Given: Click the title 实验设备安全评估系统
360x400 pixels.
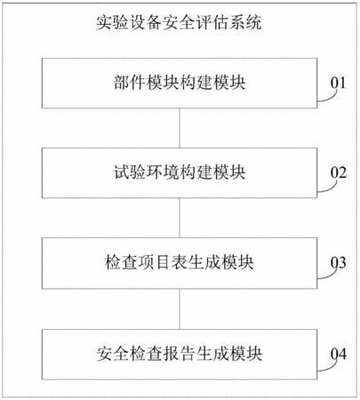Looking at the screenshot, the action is [x=179, y=22].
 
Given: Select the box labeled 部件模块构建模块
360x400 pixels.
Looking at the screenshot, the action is [x=180, y=83].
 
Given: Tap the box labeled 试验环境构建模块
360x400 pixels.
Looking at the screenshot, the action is [x=180, y=172].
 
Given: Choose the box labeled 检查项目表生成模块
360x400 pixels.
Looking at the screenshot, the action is [x=180, y=263].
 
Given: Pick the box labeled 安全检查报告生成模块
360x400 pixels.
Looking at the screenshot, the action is [x=180, y=354].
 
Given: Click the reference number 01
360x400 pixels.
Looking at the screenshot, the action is [x=338, y=83].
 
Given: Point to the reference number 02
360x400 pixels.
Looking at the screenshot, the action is [x=338, y=172].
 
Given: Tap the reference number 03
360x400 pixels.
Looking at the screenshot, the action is [x=338, y=262].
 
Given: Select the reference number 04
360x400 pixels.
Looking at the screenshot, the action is [x=338, y=354].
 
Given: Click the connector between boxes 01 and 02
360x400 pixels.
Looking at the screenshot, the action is [x=180, y=128].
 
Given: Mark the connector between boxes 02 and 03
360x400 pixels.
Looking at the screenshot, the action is [x=180, y=218].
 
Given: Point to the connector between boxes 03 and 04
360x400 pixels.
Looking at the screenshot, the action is [x=180, y=308].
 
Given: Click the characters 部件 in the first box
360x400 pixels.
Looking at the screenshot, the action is [x=130, y=83].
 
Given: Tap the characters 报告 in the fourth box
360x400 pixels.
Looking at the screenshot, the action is [x=179, y=354].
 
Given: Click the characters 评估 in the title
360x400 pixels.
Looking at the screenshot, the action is [x=212, y=22].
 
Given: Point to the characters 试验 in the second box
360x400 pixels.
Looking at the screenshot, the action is [x=130, y=172].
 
